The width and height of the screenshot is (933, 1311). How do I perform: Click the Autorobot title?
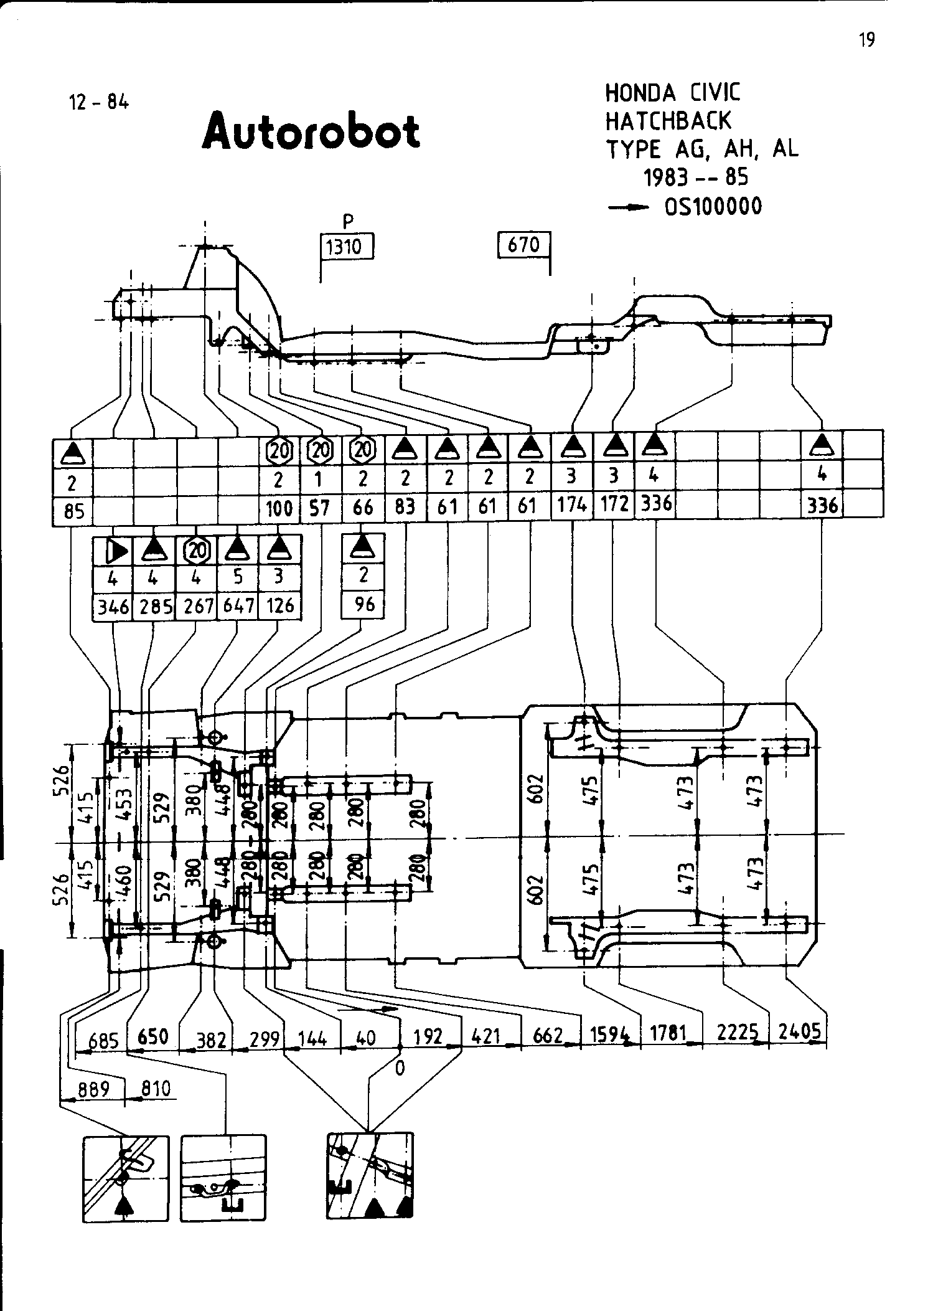click(x=311, y=131)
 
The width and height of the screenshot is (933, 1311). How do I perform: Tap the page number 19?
click(x=866, y=40)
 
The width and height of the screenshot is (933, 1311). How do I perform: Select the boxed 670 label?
click(x=523, y=245)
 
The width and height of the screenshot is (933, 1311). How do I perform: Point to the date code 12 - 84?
click(x=100, y=102)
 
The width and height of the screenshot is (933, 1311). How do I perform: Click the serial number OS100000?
click(x=713, y=206)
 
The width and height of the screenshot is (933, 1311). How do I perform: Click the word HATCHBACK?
click(x=668, y=121)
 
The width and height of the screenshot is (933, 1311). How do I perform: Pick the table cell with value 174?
click(x=571, y=504)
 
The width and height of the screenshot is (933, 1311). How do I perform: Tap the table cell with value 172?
click(x=614, y=504)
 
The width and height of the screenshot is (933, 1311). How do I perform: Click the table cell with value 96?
click(x=363, y=604)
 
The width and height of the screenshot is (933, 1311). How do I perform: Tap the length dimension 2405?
click(x=799, y=1032)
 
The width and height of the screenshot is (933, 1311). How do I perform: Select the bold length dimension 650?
click(x=153, y=1036)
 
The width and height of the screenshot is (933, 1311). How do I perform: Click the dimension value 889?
click(x=93, y=1089)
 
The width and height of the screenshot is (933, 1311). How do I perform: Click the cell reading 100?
click(x=279, y=509)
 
